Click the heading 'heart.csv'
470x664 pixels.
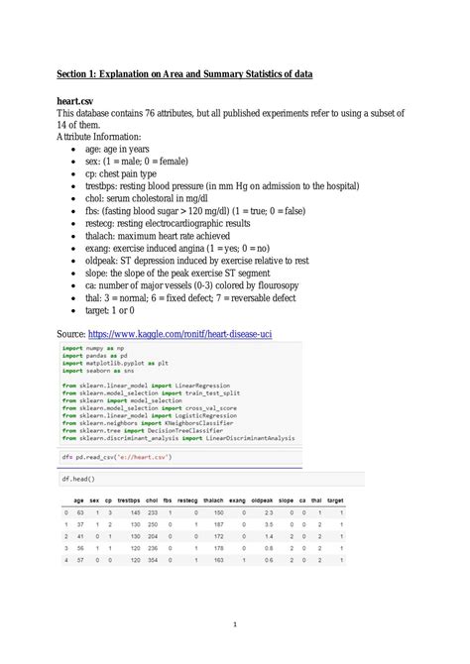pos(79,100)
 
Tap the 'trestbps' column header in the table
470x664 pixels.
pos(128,499)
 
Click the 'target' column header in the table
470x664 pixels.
pos(335,499)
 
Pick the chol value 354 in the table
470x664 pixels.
pos(153,560)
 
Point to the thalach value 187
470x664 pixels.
pos(218,523)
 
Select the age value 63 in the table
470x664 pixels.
pos(78,511)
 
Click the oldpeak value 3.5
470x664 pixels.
pos(268,523)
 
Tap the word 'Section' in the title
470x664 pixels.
pos(76,72)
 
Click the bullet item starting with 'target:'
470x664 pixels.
pos(110,310)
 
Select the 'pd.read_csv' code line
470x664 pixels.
pos(117,456)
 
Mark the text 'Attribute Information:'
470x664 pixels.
pos(99,136)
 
